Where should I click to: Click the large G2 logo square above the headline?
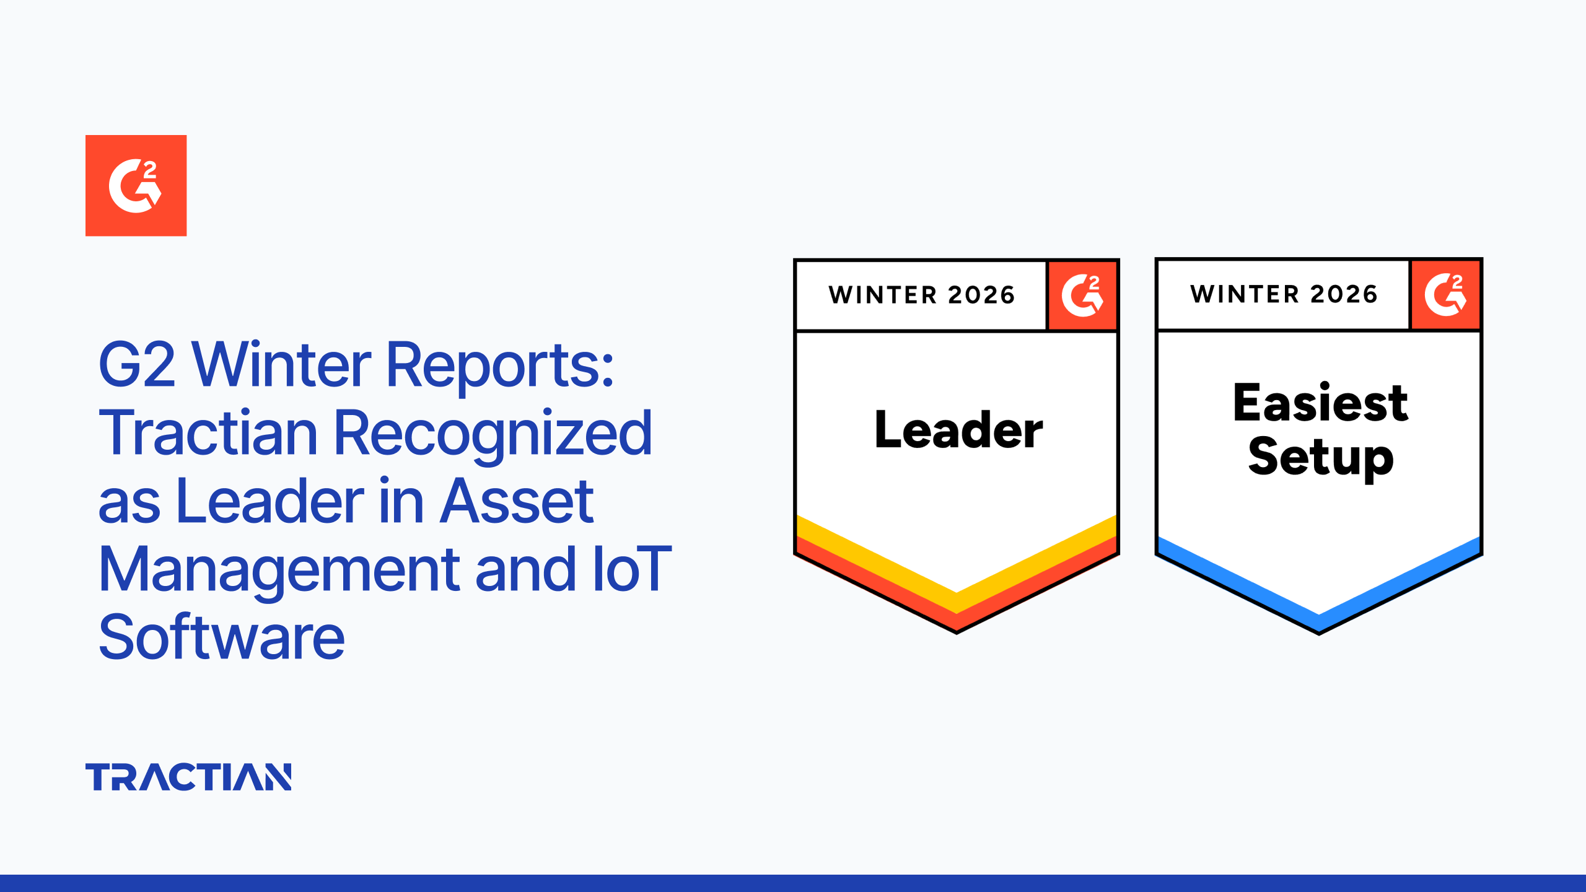click(136, 185)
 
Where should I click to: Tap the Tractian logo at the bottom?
click(188, 777)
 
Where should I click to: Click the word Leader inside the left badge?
click(958, 429)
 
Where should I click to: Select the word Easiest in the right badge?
click(1320, 403)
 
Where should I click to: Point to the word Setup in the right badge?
click(1320, 457)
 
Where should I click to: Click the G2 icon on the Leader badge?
click(1082, 295)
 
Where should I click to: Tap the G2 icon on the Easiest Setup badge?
click(1445, 294)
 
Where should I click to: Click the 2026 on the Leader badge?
click(981, 295)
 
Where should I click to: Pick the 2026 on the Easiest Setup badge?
click(1344, 294)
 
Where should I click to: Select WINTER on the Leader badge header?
click(883, 295)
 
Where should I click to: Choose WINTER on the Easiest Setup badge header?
click(1244, 294)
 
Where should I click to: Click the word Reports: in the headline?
click(499, 365)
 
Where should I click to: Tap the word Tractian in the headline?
click(208, 433)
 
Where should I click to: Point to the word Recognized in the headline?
click(493, 434)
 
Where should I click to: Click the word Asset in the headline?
click(517, 501)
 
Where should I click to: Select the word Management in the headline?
click(279, 571)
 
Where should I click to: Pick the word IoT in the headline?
click(631, 569)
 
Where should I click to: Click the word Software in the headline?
click(222, 637)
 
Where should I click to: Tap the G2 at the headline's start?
click(137, 365)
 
